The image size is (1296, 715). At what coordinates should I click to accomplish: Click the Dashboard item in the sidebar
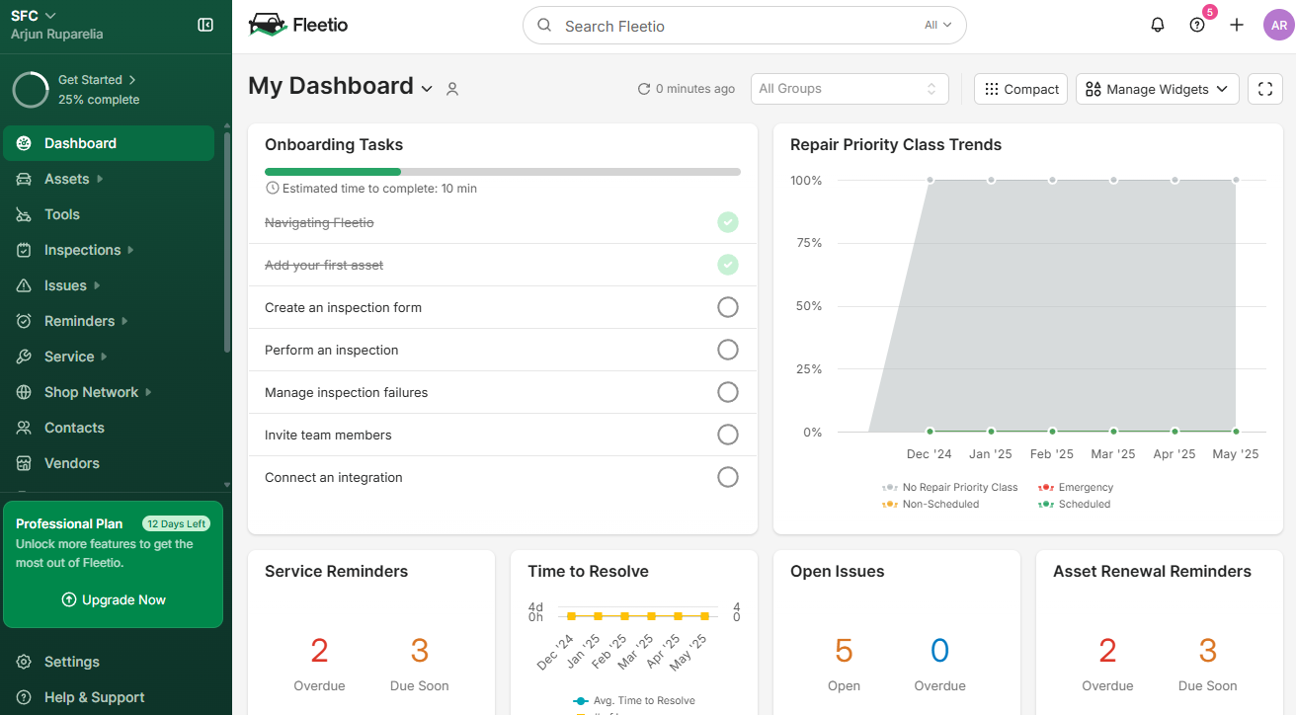click(80, 143)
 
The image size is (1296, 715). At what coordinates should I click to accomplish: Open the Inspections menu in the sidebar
click(82, 250)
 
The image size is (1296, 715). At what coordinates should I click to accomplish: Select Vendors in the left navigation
click(71, 463)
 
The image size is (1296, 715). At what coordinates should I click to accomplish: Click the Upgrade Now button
click(113, 599)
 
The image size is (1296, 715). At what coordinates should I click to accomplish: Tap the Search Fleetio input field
click(731, 26)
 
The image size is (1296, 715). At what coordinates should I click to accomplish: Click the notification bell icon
click(1158, 26)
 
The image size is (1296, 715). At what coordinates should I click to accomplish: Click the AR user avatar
click(1278, 26)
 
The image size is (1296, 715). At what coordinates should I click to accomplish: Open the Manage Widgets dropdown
click(1157, 89)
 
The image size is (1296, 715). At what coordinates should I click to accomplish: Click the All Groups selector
click(849, 89)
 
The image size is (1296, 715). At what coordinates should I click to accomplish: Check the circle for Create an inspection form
click(728, 307)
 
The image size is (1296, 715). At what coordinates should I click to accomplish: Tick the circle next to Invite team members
click(728, 435)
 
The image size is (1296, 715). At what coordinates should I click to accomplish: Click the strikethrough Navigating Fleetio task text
click(319, 223)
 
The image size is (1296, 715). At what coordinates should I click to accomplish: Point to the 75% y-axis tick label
click(806, 243)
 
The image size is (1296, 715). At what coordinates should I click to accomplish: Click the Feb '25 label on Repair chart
click(1051, 454)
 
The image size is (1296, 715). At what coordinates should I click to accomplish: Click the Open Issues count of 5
click(844, 651)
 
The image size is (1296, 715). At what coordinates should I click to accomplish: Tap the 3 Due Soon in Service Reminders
click(420, 651)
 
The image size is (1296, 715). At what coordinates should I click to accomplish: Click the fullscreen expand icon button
click(1265, 89)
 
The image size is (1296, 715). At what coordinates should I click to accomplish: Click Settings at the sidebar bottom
click(71, 662)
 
